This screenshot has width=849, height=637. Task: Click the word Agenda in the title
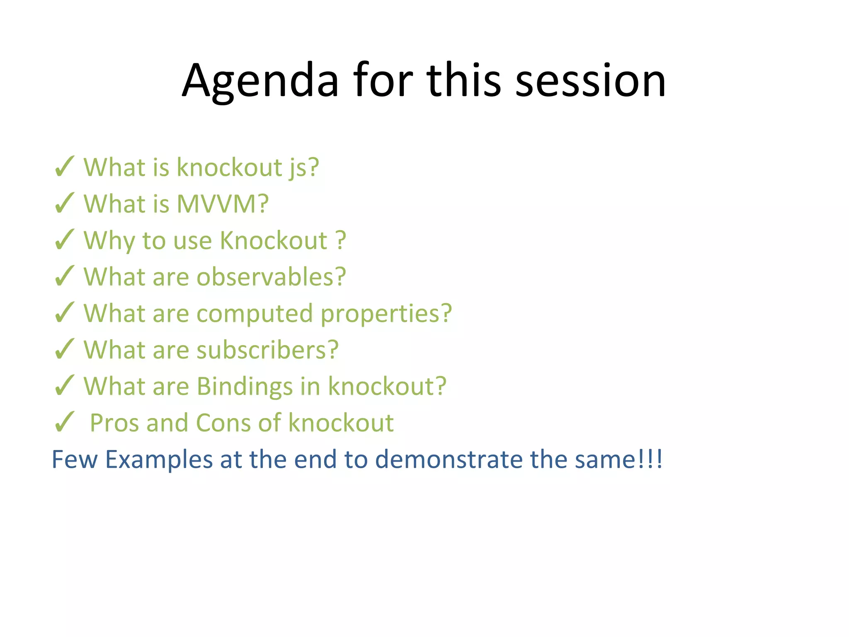point(260,81)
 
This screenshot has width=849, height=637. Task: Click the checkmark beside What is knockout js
point(64,167)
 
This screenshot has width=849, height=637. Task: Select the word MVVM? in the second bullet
point(223,204)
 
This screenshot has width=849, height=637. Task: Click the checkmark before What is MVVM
point(64,204)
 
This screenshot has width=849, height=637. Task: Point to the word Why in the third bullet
point(109,241)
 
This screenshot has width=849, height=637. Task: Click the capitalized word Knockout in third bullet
point(274,241)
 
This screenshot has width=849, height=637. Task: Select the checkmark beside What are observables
point(64,277)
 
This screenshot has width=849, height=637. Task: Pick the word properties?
point(386,314)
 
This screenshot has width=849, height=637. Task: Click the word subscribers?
point(267,350)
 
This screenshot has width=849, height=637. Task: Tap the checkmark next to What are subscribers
point(64,350)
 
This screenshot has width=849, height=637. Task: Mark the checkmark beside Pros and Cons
point(64,423)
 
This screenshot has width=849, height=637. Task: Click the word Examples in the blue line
point(159,460)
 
